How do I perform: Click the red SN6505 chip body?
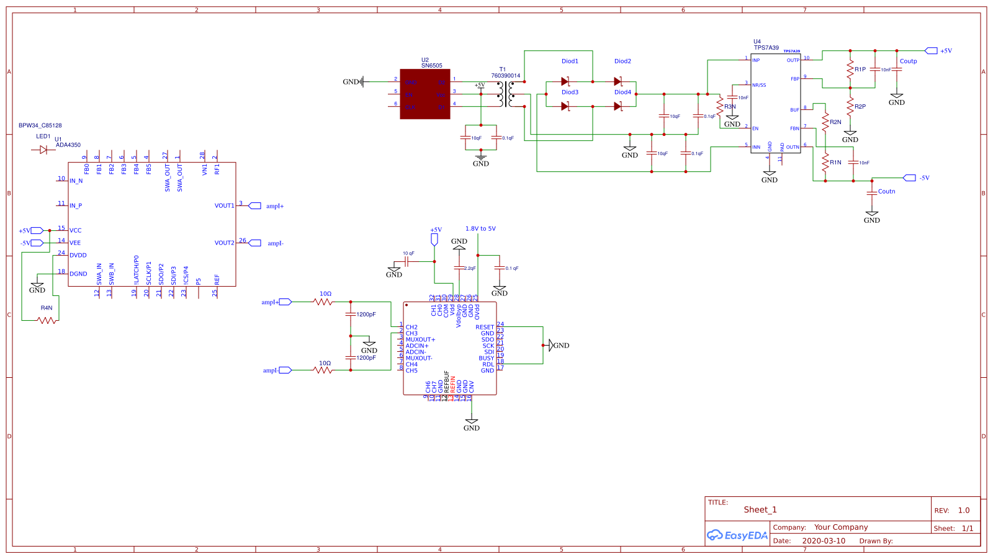tap(425, 94)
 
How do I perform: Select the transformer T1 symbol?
tap(505, 94)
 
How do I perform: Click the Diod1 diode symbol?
tap(565, 81)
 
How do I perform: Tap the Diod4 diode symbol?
tap(618, 106)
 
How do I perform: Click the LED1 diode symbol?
tap(43, 150)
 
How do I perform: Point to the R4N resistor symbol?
tap(47, 320)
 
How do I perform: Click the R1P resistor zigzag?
tap(850, 69)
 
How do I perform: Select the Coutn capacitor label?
tap(886, 192)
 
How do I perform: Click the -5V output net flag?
tap(910, 178)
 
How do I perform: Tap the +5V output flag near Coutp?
tap(931, 51)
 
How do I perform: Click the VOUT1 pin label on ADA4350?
tap(224, 206)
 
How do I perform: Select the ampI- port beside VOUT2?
tap(255, 243)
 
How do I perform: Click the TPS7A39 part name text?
tap(766, 48)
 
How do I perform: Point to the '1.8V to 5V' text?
tap(480, 229)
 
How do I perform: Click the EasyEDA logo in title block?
tap(737, 535)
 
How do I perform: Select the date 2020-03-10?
tap(824, 541)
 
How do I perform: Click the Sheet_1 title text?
tap(760, 510)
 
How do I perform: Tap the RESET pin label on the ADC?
tap(485, 327)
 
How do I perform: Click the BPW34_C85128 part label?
tap(40, 125)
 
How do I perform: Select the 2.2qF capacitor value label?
tap(470, 269)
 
